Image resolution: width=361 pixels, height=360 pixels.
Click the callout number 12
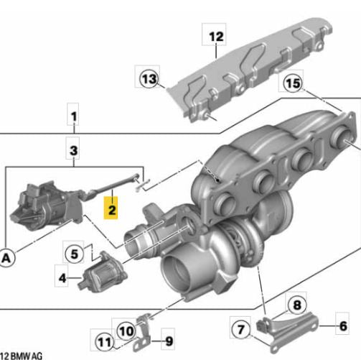click(x=217, y=34)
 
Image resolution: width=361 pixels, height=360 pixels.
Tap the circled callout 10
click(x=126, y=331)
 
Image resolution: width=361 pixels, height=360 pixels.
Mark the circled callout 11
click(x=105, y=342)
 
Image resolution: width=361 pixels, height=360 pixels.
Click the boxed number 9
click(x=167, y=341)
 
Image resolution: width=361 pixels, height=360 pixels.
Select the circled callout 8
click(x=296, y=305)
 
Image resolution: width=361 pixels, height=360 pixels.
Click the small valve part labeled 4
click(x=100, y=273)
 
